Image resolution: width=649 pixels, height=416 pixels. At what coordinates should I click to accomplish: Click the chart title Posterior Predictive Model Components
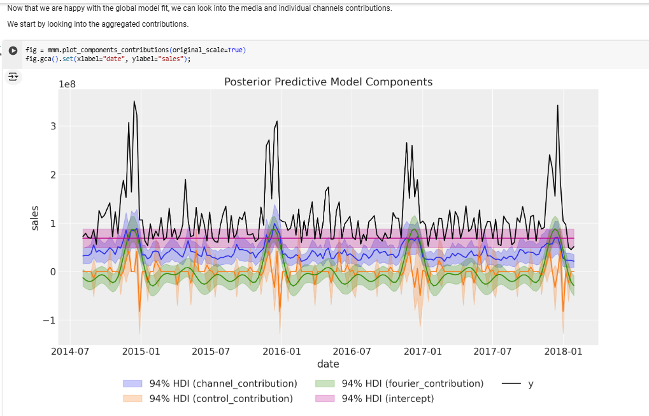pyautogui.click(x=328, y=82)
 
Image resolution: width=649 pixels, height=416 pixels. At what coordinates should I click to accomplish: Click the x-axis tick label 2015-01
pyautogui.click(x=141, y=351)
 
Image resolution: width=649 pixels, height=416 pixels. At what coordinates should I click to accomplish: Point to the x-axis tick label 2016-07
pyautogui.click(x=352, y=351)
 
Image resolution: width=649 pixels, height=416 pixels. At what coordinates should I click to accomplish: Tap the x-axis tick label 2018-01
pyautogui.click(x=564, y=351)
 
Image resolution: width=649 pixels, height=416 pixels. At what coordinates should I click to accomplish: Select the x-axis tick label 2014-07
pyautogui.click(x=70, y=351)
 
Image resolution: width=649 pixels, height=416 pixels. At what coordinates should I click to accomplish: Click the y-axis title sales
pyautogui.click(x=36, y=218)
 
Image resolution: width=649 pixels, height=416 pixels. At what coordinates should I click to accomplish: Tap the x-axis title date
pyautogui.click(x=328, y=364)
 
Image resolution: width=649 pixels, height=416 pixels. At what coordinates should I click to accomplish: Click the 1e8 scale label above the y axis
pyautogui.click(x=67, y=84)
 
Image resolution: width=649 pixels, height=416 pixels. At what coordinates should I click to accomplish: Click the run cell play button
pyautogui.click(x=13, y=50)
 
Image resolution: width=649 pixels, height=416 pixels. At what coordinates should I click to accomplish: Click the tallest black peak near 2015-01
pyautogui.click(x=134, y=102)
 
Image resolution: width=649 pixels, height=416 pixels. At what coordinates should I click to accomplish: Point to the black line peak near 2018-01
pyautogui.click(x=558, y=106)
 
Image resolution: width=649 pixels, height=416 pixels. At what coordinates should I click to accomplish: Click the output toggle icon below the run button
pyautogui.click(x=13, y=76)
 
